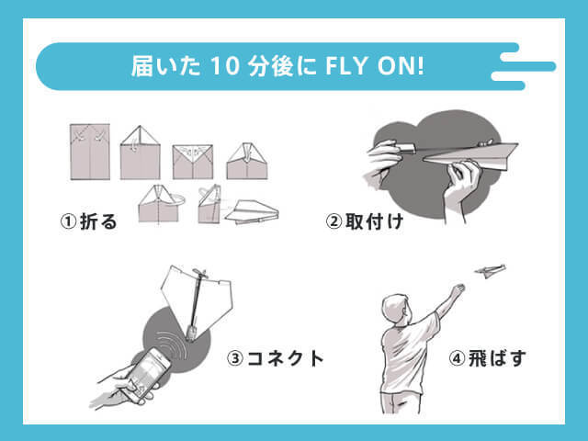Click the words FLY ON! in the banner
pyautogui.click(x=375, y=66)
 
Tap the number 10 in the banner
pyautogui.click(x=224, y=66)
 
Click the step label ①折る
pyautogui.click(x=89, y=221)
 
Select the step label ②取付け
pyautogui.click(x=364, y=221)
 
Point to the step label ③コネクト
pyautogui.click(x=276, y=358)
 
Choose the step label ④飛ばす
pyautogui.click(x=487, y=358)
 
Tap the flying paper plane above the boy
pyautogui.click(x=490, y=271)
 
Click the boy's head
pyautogui.click(x=396, y=310)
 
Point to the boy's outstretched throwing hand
pyautogui.click(x=458, y=290)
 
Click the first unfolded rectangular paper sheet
pyautogui.click(x=90, y=152)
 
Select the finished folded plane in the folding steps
pyautogui.click(x=252, y=212)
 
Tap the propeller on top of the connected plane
pyautogui.click(x=200, y=273)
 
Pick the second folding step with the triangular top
pyautogui.click(x=141, y=153)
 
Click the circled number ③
pyautogui.click(x=235, y=358)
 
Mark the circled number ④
pyautogui.click(x=457, y=358)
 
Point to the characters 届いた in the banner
pyautogui.click(x=165, y=66)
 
